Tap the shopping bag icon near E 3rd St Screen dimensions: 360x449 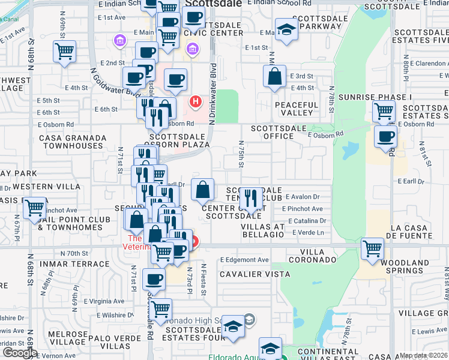coord(274,77)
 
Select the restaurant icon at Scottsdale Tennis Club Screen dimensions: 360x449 coord(251,198)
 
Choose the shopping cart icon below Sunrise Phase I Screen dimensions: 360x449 coord(384,111)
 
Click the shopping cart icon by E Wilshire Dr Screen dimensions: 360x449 coord(160,310)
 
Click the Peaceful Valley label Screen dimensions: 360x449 coord(296,109)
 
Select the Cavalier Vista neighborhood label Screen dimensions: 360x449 coord(254,274)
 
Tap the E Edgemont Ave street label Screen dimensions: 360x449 coord(244,260)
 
